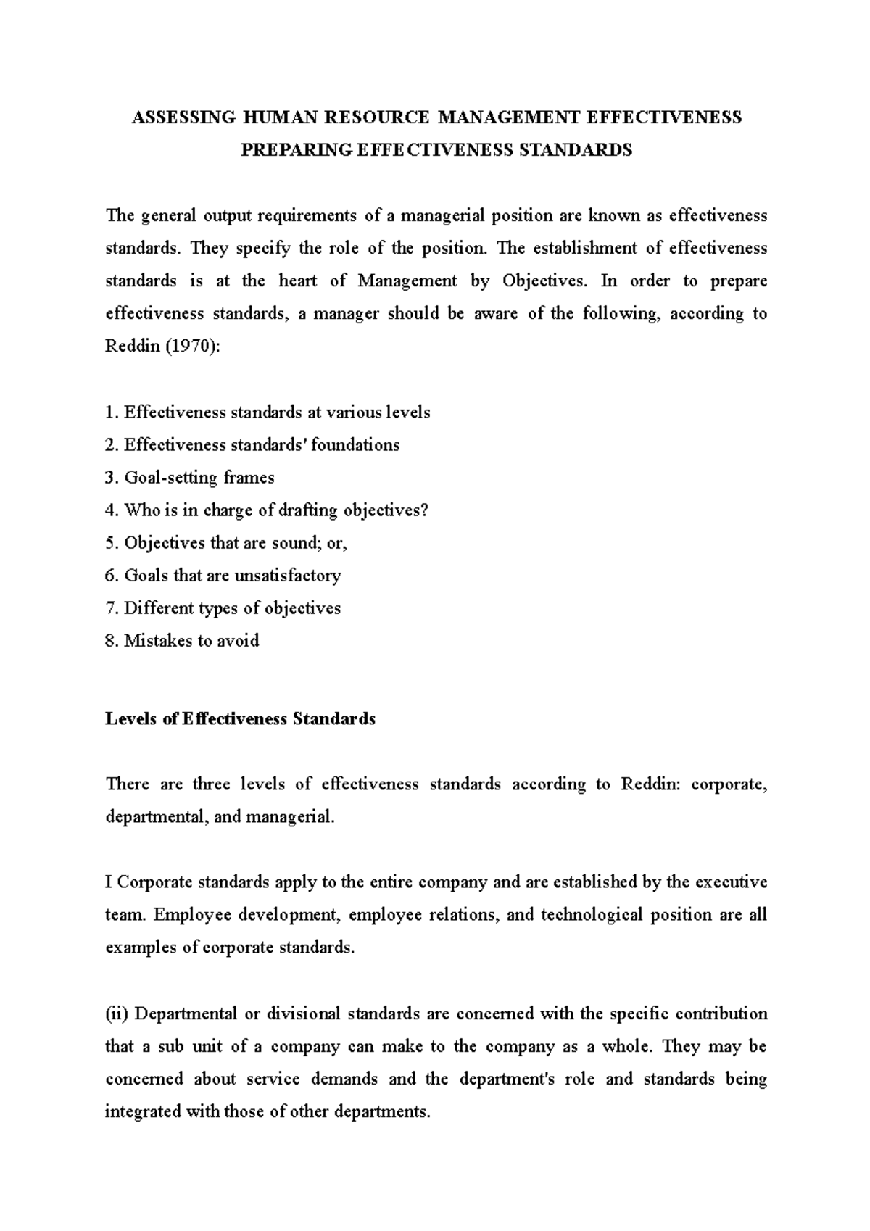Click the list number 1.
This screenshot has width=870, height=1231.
(x=110, y=413)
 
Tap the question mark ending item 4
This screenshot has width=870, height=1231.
(x=425, y=510)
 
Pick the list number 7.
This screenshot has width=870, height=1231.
(x=110, y=608)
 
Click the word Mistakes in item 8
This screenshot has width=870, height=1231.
(x=152, y=641)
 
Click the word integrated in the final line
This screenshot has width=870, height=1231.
(x=143, y=1111)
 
